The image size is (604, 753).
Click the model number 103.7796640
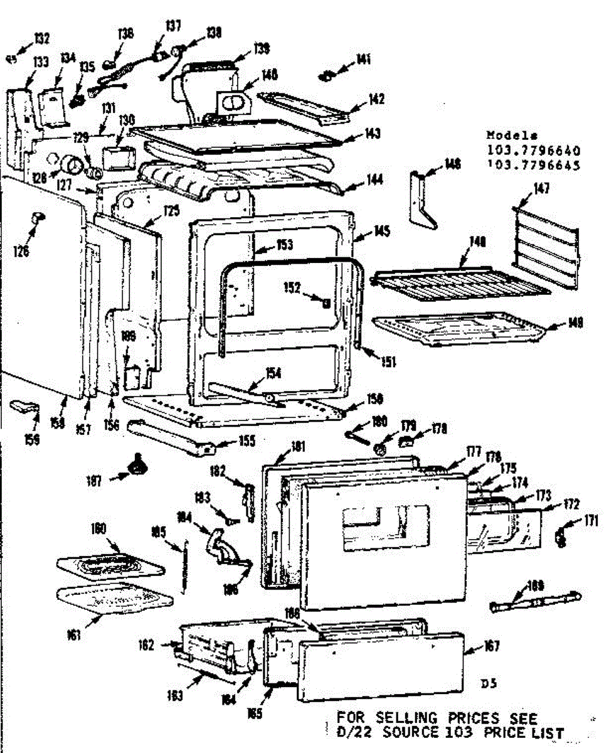[x=533, y=151]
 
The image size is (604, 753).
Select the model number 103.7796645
[x=533, y=166]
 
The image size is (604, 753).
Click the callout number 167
[x=491, y=646]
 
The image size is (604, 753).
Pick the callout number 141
[x=363, y=60]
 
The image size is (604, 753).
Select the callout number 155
[x=246, y=441]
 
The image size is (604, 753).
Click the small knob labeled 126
[x=38, y=217]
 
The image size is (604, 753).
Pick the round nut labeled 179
[x=380, y=449]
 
